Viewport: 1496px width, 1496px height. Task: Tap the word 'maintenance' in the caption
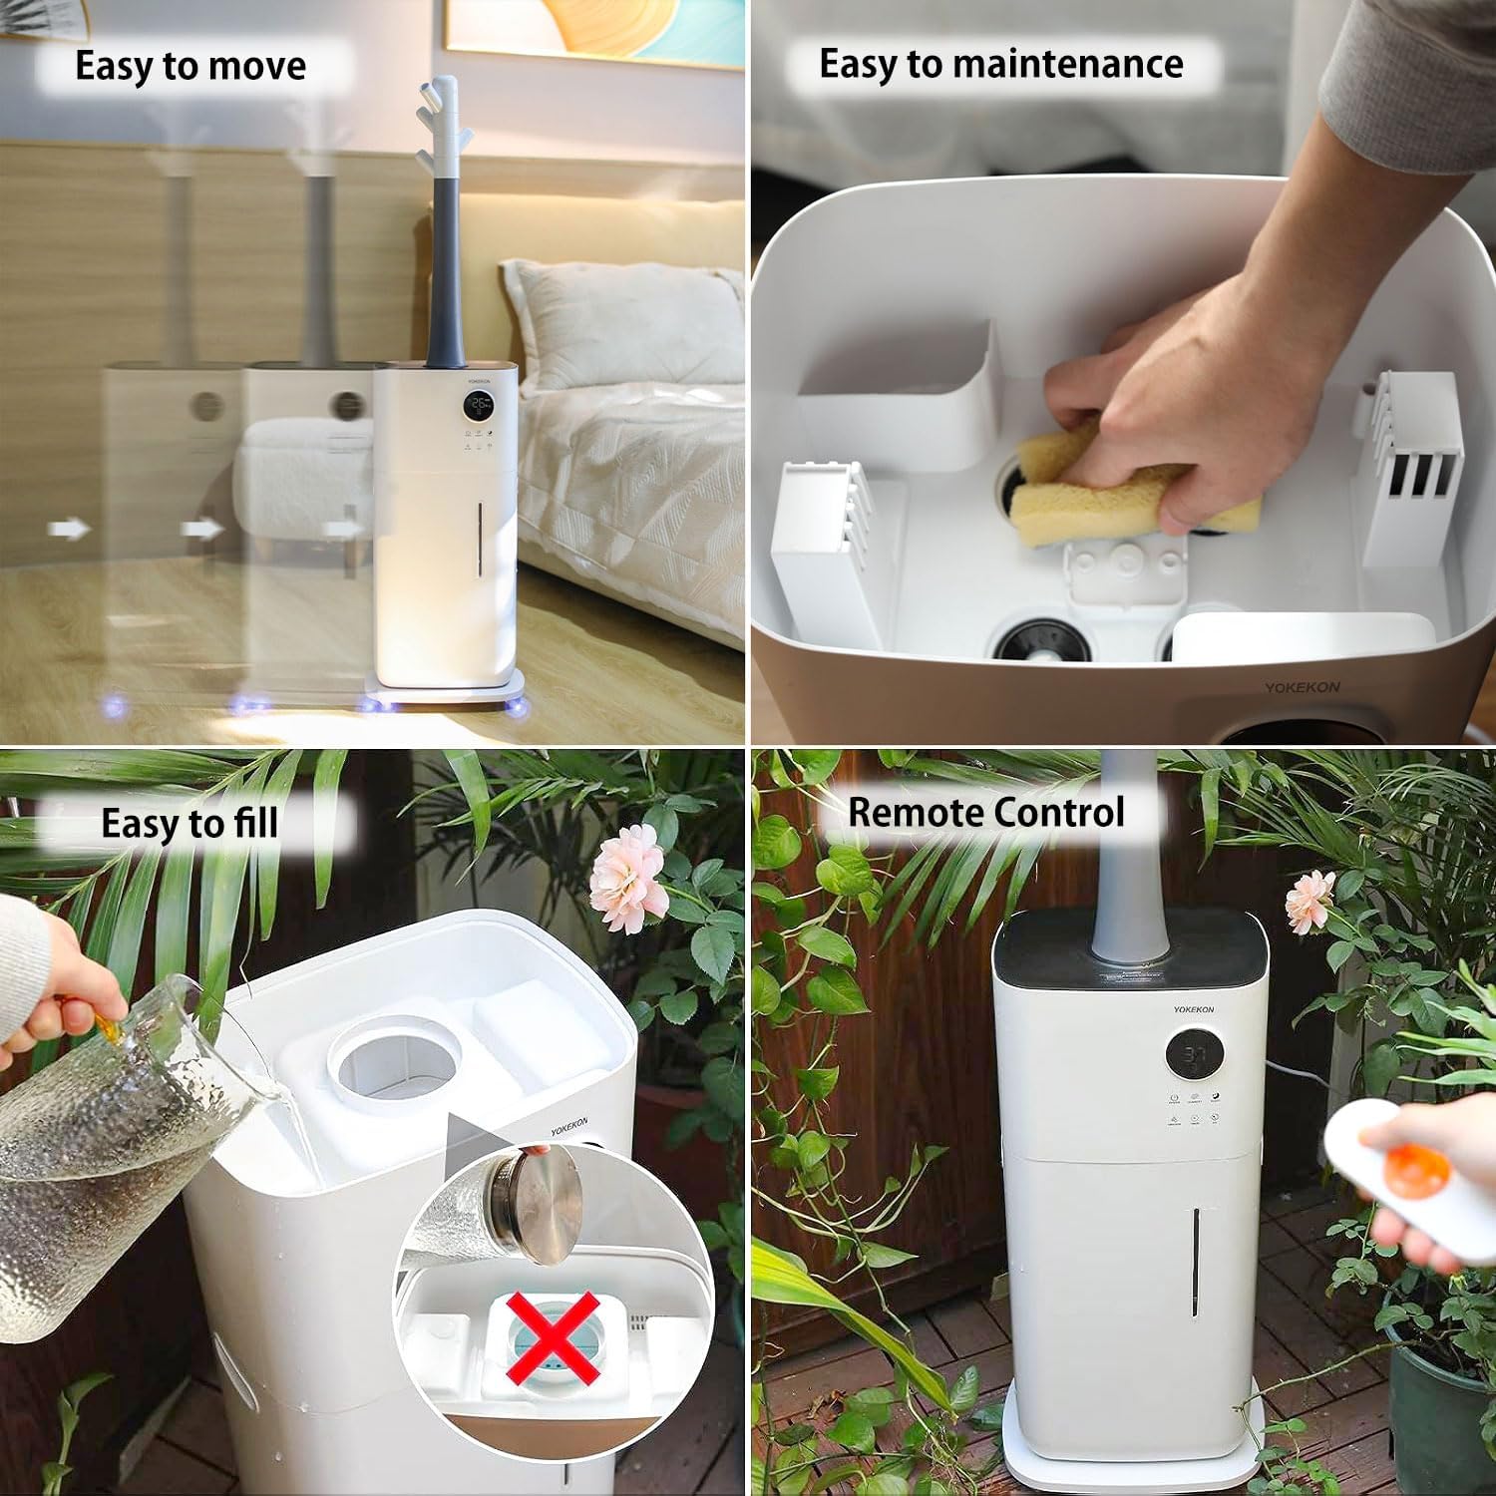[x=1068, y=65]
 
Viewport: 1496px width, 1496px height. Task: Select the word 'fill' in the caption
[x=255, y=824]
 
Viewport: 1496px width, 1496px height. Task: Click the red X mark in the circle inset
[x=552, y=1336]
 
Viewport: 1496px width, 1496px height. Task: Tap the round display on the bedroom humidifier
[x=479, y=405]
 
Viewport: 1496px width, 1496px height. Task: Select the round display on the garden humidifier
[x=1195, y=1055]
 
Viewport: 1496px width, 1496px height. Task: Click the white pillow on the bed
[x=622, y=324]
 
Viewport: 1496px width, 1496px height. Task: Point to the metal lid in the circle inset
[x=544, y=1203]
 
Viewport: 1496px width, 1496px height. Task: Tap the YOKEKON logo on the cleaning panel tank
[x=1302, y=687]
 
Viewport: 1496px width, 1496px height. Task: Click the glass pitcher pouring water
[x=110, y=1147]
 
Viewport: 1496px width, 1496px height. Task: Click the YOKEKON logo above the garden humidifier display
[x=1193, y=1009]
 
